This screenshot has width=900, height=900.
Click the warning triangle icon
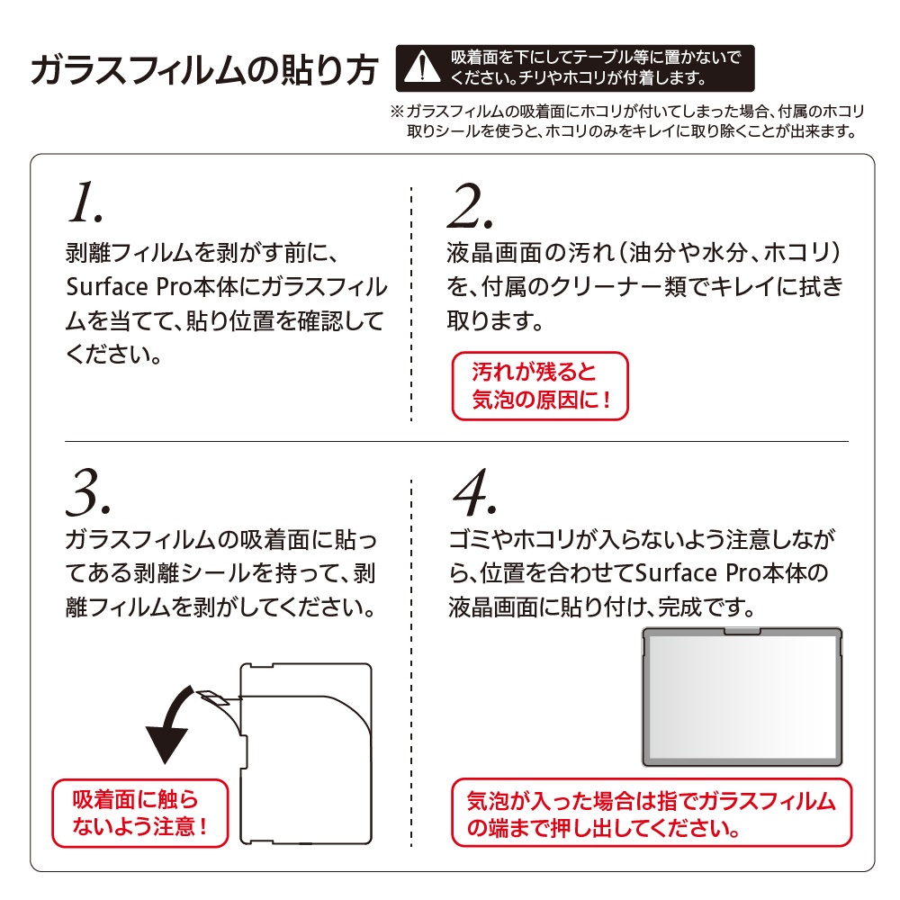(x=422, y=67)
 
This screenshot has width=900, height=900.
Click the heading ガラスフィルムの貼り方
(x=204, y=70)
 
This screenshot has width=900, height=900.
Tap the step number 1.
(x=85, y=202)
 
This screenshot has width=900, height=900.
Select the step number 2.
(x=470, y=205)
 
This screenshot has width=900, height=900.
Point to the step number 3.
(x=88, y=492)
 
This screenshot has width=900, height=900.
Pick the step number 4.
(x=474, y=492)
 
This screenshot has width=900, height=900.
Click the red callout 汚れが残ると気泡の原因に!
(x=540, y=386)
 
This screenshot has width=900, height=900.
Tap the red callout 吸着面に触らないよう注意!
(x=140, y=813)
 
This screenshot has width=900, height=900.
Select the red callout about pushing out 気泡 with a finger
(x=652, y=813)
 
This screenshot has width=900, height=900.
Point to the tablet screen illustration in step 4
(x=742, y=697)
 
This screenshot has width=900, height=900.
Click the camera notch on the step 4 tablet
(x=742, y=632)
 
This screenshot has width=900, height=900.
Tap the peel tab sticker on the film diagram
(x=212, y=697)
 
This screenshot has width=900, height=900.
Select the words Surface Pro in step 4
(x=699, y=572)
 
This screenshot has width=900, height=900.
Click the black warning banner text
(x=596, y=67)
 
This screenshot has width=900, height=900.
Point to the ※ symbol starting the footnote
(x=397, y=112)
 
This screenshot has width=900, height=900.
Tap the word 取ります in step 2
(x=495, y=321)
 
